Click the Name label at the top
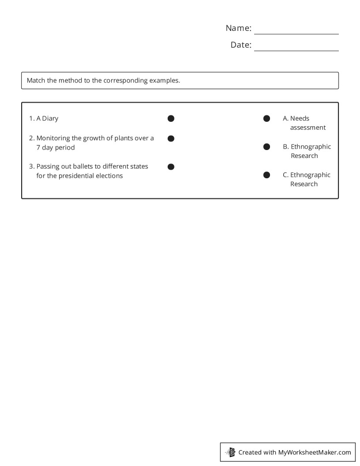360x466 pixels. (x=238, y=28)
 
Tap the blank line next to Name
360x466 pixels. (x=296, y=31)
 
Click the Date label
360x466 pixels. (x=241, y=45)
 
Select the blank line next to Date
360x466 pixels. (x=296, y=48)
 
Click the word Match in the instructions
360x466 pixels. (x=36, y=81)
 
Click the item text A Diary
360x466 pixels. (x=47, y=118)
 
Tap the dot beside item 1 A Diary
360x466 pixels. (x=171, y=118)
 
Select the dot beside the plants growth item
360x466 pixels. (x=171, y=139)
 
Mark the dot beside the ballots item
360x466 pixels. (x=171, y=167)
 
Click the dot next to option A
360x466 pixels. (x=266, y=118)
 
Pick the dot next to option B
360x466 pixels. (x=266, y=147)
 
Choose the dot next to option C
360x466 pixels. (x=266, y=175)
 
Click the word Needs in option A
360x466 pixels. (x=300, y=118)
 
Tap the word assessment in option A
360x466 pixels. (x=308, y=128)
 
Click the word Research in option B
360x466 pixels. (x=304, y=156)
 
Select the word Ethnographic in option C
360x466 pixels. (x=310, y=175)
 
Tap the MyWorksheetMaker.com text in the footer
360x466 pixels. (x=315, y=452)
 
